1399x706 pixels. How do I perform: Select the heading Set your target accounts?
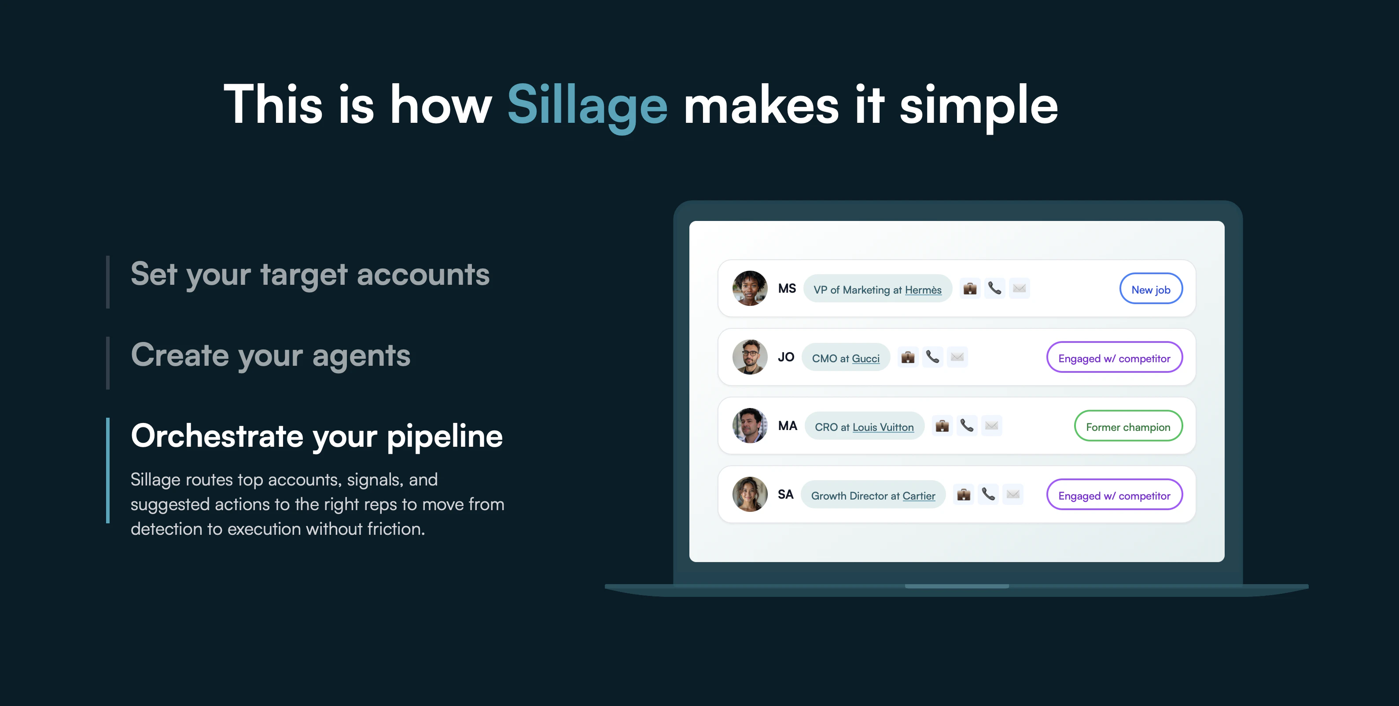[x=310, y=274]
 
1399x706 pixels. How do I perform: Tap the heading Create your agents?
[x=270, y=356]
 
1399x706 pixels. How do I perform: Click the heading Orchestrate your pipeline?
[x=317, y=436]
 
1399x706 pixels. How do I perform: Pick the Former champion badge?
[x=1128, y=427]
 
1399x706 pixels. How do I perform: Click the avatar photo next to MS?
[x=749, y=288]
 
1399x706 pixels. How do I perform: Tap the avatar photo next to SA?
[x=749, y=494]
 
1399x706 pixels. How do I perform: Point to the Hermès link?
[x=923, y=290]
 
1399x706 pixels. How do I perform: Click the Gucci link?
[x=866, y=358]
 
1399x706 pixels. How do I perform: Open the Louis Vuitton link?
[x=883, y=427]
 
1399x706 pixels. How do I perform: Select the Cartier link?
[x=919, y=496]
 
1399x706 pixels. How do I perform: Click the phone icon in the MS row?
[x=994, y=288]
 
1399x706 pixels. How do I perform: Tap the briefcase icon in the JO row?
[x=908, y=357]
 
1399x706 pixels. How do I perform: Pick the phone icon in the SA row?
[x=988, y=494]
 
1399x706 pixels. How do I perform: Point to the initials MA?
[x=788, y=426]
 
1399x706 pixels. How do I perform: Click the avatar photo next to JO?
[x=749, y=357]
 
